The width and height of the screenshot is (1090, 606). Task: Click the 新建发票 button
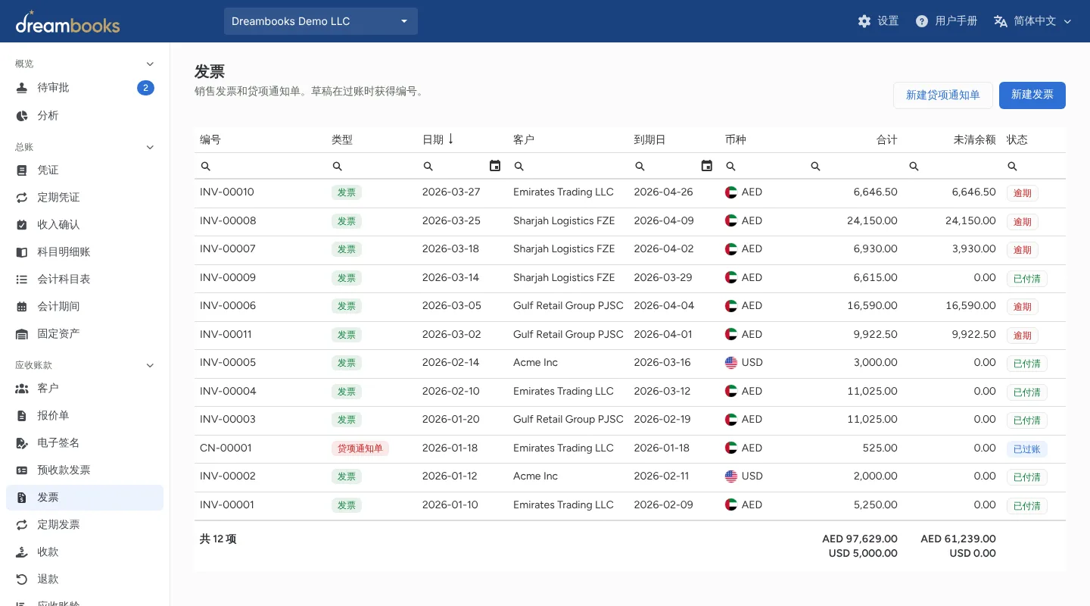1032,95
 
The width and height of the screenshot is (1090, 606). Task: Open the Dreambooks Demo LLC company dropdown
321,21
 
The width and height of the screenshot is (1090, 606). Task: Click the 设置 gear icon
864,21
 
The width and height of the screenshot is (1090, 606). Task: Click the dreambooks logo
67,22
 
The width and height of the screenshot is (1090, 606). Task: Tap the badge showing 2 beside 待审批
145,88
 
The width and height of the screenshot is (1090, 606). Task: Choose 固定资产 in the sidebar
58,334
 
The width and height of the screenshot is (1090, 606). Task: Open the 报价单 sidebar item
53,416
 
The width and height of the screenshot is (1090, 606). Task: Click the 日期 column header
433,140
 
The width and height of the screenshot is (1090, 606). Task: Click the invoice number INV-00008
228,220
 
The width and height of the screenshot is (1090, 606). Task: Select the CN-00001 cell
226,448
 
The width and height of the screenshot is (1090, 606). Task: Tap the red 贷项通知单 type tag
360,448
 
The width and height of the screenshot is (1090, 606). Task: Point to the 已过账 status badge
1026,449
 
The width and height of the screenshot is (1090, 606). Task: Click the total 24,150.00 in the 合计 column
872,220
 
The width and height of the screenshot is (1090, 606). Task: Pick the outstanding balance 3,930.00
973,249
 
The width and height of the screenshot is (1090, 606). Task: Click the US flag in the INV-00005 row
731,363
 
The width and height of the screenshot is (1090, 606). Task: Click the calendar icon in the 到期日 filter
706,166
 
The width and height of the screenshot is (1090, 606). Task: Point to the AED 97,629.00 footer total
860,539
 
